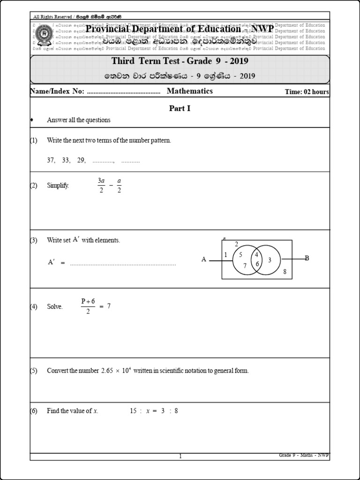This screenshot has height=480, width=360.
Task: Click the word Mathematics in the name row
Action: coord(189,91)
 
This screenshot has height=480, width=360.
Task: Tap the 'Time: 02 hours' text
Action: coord(307,92)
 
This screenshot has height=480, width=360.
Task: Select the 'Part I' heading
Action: coord(180,108)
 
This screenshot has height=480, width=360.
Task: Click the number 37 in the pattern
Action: coord(51,160)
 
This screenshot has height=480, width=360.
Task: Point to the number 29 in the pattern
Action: coord(82,160)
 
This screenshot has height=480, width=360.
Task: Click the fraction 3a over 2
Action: coord(101,185)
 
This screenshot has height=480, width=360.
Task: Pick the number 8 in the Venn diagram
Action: coord(284,272)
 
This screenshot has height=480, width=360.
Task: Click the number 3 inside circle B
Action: coord(270,260)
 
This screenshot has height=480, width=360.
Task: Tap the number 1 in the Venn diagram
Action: coord(225,255)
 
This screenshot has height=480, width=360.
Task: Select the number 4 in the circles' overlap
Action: coord(256,255)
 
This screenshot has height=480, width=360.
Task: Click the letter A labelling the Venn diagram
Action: coord(204,259)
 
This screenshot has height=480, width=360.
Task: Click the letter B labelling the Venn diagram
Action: coord(307,258)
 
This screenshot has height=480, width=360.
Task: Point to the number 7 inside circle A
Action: coord(245,266)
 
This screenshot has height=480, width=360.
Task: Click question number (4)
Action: coord(34,307)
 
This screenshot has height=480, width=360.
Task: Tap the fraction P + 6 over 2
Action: coord(88,306)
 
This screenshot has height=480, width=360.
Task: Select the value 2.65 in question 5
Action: coord(107,371)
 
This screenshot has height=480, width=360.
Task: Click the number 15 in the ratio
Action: coord(134,411)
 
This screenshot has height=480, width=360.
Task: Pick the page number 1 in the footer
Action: coord(180,457)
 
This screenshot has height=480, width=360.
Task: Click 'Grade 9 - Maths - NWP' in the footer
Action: coord(304,455)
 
